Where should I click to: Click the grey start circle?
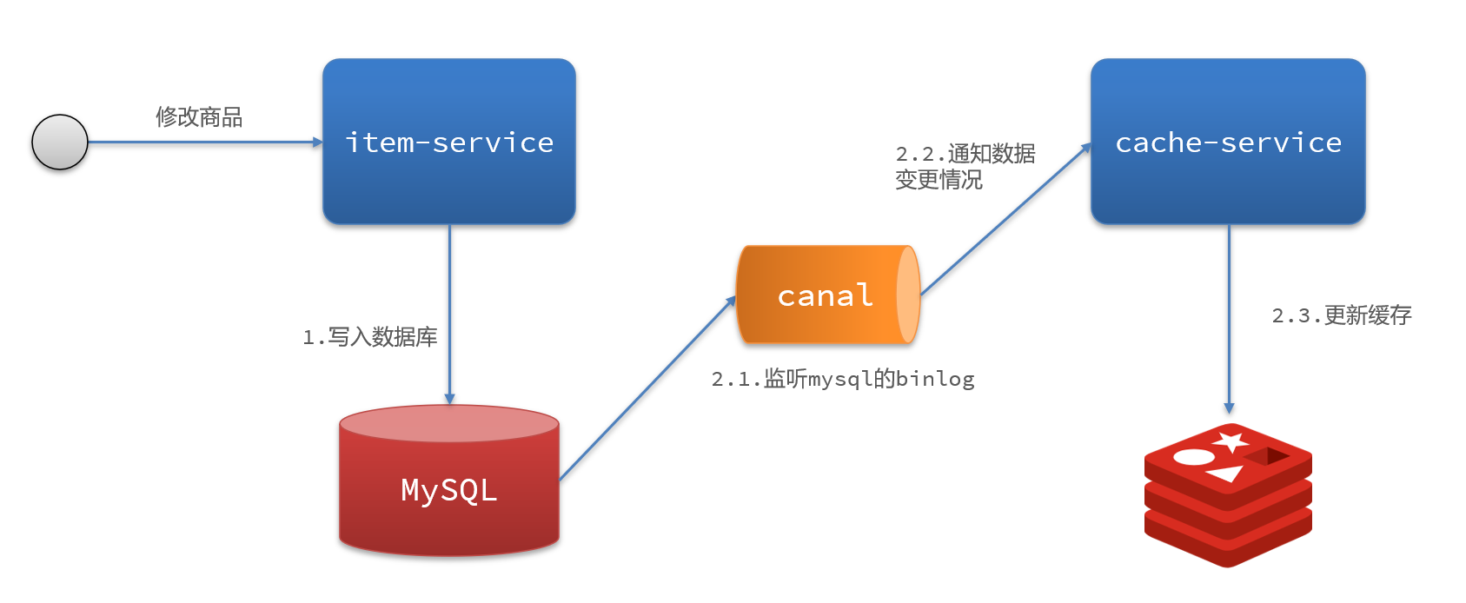click(x=60, y=142)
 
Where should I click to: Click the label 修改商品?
click(x=199, y=117)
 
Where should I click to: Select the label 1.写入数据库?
click(x=370, y=337)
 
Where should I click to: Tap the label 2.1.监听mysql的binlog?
click(x=843, y=379)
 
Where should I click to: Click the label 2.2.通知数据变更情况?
click(x=965, y=167)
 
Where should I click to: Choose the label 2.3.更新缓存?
click(x=1342, y=315)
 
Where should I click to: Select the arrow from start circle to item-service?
click(x=204, y=142)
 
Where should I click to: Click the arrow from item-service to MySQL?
click(x=449, y=313)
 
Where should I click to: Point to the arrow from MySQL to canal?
click(x=647, y=388)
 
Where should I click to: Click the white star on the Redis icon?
click(x=1231, y=441)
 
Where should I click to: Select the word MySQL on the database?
click(x=448, y=490)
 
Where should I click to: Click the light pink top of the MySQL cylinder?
click(x=448, y=423)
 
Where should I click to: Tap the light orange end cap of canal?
click(x=907, y=295)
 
